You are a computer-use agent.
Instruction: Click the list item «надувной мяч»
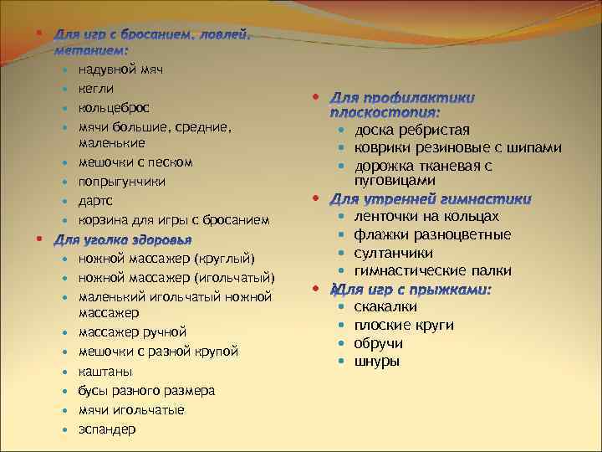121,69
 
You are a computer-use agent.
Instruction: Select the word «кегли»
96,89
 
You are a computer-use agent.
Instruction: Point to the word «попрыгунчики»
122,181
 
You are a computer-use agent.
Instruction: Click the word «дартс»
96,201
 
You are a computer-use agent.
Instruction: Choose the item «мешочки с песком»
135,162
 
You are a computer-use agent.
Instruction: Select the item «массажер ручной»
132,332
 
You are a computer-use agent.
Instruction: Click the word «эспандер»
107,429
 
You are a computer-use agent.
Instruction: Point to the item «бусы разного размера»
146,391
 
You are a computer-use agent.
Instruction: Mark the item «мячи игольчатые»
131,410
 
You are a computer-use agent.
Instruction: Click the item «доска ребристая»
411,130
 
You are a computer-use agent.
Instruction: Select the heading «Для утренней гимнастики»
431,200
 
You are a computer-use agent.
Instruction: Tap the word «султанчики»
393,253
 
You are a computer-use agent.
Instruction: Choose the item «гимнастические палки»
432,271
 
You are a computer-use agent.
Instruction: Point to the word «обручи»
378,344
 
